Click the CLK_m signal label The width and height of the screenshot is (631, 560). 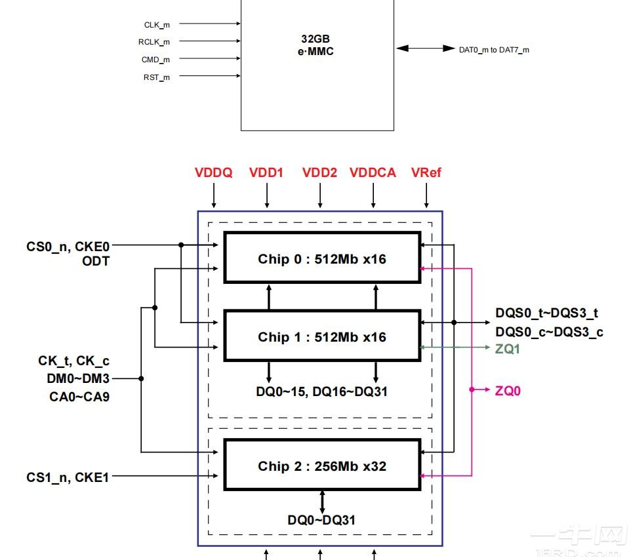157,24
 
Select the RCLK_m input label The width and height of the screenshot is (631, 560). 154,42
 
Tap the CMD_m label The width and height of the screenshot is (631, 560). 155,60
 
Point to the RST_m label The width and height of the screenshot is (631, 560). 157,77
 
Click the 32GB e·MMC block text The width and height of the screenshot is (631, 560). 317,45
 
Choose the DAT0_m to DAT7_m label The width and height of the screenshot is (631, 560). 494,49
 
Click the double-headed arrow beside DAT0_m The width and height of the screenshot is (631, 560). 421,49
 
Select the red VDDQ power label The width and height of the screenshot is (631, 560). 213,173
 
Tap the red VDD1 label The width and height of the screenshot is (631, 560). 266,173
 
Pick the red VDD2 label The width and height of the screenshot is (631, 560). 319,173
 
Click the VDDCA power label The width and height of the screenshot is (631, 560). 373,173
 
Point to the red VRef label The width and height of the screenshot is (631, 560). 426,173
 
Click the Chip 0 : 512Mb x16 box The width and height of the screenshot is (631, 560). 321,258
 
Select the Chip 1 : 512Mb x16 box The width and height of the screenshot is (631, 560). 321,336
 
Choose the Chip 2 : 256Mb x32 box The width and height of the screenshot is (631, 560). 321,466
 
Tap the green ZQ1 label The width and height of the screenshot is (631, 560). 507,348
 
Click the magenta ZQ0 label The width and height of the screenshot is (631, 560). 508,391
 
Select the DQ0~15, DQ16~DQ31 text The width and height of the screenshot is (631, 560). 321,391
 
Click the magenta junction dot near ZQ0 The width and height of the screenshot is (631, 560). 472,390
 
